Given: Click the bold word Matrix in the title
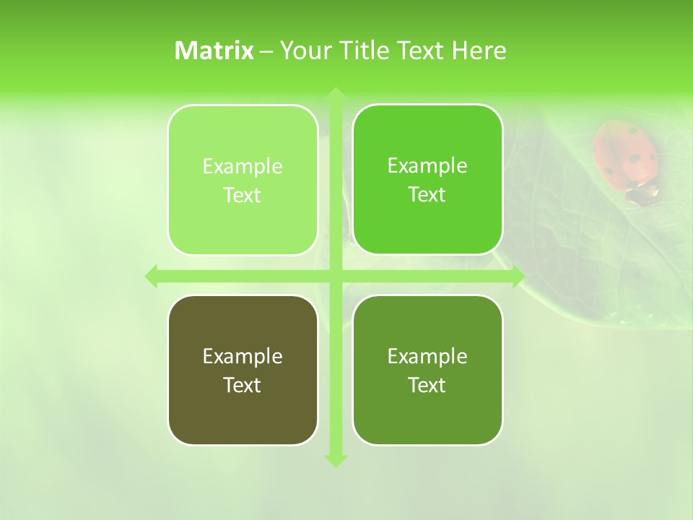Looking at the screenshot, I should point(214,51).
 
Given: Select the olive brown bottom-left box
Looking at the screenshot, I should point(243,412).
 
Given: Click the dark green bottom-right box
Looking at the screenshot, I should point(427,412).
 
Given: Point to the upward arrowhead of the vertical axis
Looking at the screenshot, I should point(335,95).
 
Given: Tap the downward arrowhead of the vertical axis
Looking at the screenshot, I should point(335,460).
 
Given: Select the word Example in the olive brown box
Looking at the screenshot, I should point(243,356).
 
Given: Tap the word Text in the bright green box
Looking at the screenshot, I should point(427,195).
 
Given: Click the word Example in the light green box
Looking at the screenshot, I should point(243,167).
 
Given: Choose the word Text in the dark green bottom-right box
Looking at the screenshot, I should point(427,385).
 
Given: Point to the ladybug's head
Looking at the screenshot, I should point(642,193).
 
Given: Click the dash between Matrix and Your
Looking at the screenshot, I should point(266,51).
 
